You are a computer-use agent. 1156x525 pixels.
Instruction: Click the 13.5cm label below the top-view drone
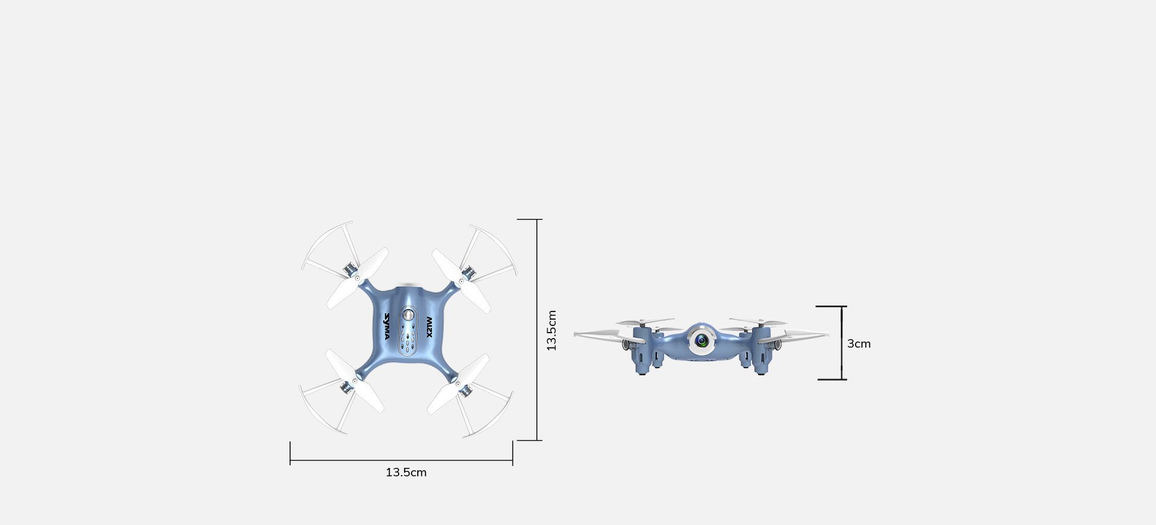tap(406, 473)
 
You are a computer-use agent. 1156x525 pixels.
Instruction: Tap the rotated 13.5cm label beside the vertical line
tap(552, 330)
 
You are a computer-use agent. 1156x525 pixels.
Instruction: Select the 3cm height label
tap(859, 343)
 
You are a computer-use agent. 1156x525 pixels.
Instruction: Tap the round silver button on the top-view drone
tap(409, 315)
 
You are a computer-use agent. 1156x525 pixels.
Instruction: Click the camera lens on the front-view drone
tap(701, 341)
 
